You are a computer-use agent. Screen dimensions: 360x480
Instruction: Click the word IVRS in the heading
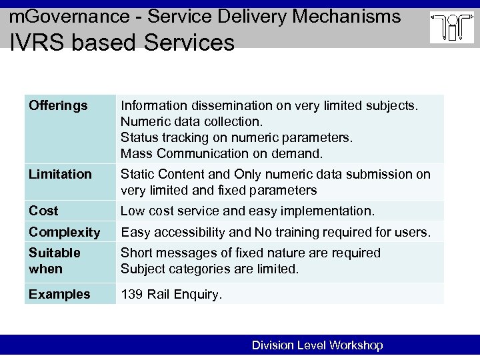click(x=33, y=42)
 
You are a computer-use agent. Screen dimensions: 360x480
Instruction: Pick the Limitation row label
click(x=60, y=174)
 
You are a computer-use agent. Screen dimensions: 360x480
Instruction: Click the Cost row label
click(x=44, y=211)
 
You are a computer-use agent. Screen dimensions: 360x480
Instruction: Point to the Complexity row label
click(x=63, y=233)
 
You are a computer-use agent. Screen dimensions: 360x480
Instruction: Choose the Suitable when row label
click(x=55, y=261)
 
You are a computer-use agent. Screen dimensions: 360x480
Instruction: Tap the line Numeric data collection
click(x=192, y=122)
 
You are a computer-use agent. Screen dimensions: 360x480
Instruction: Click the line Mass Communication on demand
click(x=221, y=154)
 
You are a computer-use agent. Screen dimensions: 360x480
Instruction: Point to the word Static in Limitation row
click(x=138, y=174)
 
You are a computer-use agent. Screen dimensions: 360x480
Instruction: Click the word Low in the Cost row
click(x=133, y=211)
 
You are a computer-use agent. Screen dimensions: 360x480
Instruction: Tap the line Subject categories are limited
click(x=210, y=269)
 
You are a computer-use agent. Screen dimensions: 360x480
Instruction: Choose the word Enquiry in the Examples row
click(x=197, y=295)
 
